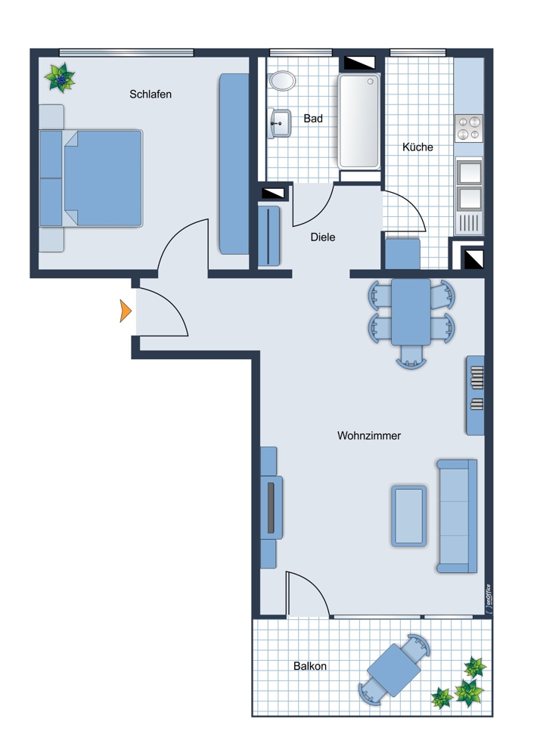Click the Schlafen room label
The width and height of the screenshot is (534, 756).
[x=150, y=94]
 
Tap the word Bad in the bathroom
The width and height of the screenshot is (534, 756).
[x=313, y=119]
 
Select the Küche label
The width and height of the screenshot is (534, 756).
[x=418, y=147]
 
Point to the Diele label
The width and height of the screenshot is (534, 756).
[x=323, y=237]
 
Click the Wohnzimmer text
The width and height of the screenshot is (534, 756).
[x=369, y=436]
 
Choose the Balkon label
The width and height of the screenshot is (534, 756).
[x=310, y=666]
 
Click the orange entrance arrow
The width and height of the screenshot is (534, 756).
[x=126, y=311]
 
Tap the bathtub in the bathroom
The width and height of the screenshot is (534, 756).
[x=359, y=121]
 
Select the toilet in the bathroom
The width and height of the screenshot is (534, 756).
[x=282, y=81]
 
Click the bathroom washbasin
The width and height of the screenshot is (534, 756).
[x=279, y=123]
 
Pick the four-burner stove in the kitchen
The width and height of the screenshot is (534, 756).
[x=469, y=128]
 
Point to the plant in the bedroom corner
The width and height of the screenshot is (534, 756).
[x=60, y=78]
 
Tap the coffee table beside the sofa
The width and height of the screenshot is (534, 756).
[x=408, y=516]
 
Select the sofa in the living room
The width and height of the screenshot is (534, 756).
[x=457, y=516]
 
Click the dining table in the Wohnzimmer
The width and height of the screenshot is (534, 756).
[x=411, y=311]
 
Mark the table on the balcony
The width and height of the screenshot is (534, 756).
[x=393, y=671]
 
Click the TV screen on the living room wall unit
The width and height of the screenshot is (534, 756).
[x=271, y=507]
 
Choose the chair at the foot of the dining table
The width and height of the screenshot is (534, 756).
[x=411, y=357]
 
